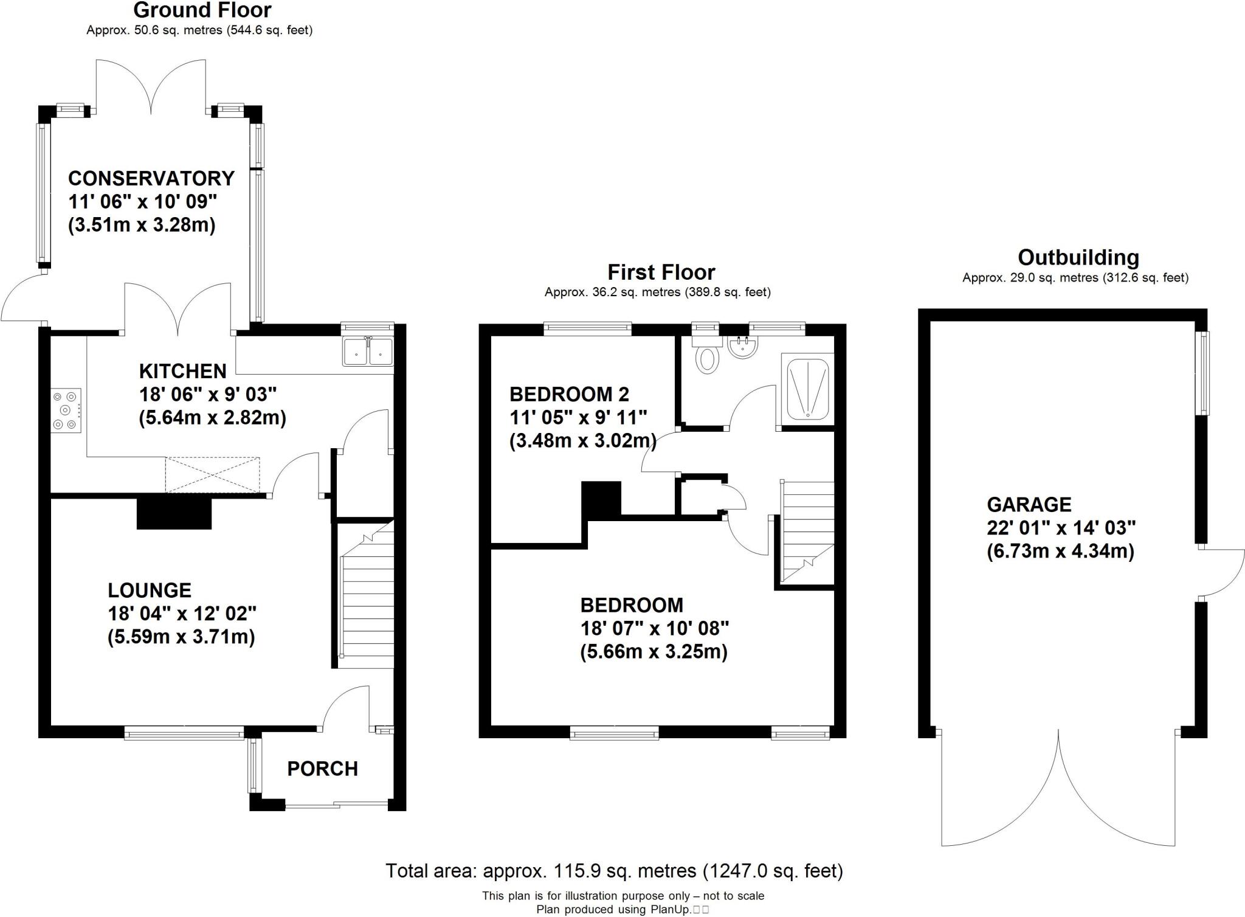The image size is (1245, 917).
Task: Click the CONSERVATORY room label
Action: click(151, 178)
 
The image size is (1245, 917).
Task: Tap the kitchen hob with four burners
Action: click(66, 410)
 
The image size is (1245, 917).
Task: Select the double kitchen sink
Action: click(368, 351)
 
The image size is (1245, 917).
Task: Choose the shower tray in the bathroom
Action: click(807, 389)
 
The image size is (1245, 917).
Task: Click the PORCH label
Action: click(322, 769)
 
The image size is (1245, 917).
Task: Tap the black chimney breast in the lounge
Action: click(174, 513)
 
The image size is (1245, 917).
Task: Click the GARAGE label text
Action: click(1029, 505)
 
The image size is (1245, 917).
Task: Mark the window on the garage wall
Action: click(1202, 373)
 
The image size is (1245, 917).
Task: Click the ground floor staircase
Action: click(367, 596)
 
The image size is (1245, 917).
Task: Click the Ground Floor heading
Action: click(202, 10)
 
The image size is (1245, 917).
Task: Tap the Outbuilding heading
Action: click(1078, 257)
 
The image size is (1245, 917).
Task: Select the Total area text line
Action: click(614, 871)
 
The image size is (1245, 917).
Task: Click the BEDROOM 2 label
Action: click(569, 395)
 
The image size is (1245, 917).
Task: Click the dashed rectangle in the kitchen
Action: click(212, 475)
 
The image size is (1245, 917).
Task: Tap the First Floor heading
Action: click(661, 272)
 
